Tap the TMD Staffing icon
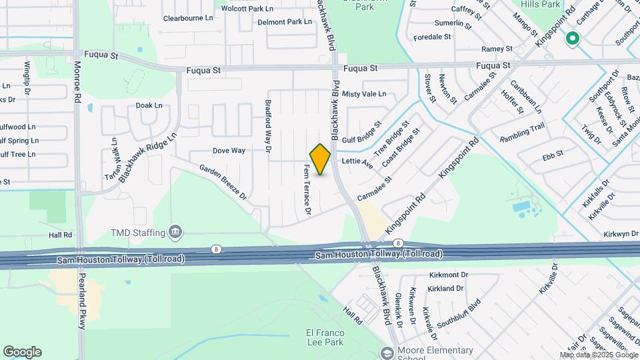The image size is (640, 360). pyautogui.click(x=175, y=232)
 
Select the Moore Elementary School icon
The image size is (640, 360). pyautogui.click(x=386, y=353)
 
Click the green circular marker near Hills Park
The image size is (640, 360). pyautogui.click(x=572, y=39)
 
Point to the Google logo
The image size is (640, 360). pyautogui.click(x=22, y=352)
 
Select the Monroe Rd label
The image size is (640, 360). pyautogui.click(x=77, y=82)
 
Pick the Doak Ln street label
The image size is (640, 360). pyautogui.click(x=149, y=105)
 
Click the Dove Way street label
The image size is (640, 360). pyautogui.click(x=229, y=151)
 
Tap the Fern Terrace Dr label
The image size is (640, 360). pyautogui.click(x=307, y=190)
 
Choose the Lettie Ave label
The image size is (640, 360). pyautogui.click(x=357, y=161)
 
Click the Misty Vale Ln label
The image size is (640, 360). pyautogui.click(x=364, y=94)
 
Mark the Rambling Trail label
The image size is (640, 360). pyautogui.click(x=523, y=133)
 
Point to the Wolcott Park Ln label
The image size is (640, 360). pyautogui.click(x=247, y=9)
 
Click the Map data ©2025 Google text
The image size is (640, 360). pyautogui.click(x=598, y=354)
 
